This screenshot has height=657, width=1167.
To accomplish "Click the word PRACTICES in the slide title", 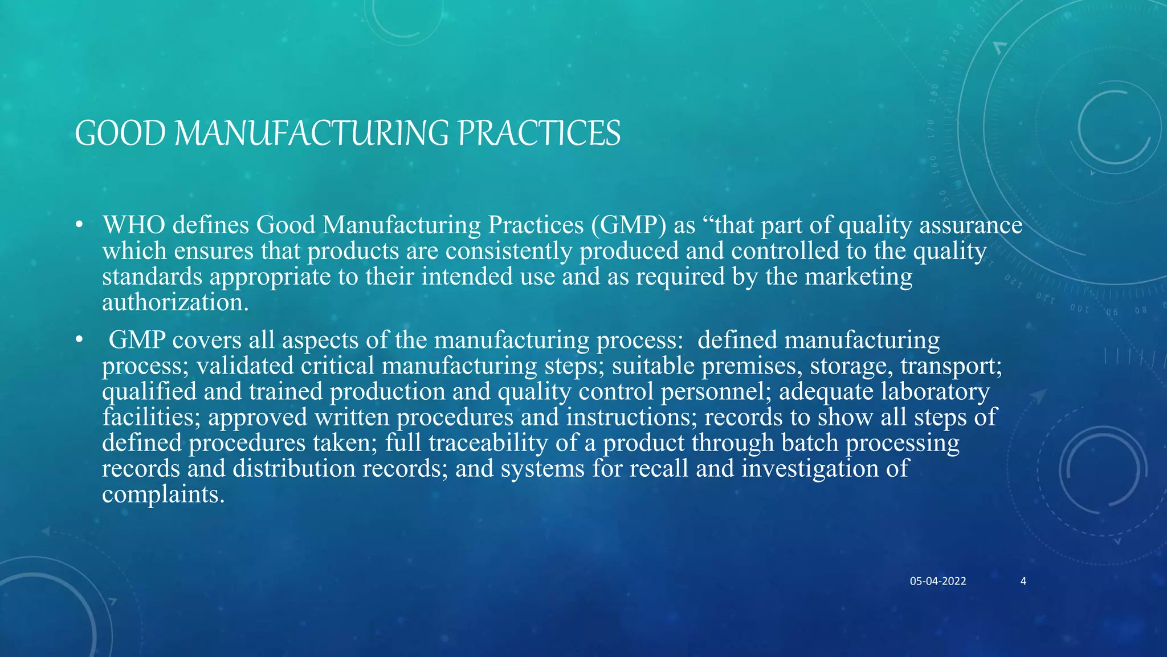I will click(538, 134).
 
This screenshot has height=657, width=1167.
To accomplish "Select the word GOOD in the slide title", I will click(120, 134).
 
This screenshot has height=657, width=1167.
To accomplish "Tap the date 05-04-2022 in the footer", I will click(937, 581).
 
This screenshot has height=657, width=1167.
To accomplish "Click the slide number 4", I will click(1023, 581).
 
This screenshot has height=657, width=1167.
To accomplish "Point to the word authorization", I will click(175, 302).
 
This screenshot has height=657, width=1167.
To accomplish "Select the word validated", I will click(244, 366).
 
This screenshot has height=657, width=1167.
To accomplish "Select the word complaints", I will click(163, 494).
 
